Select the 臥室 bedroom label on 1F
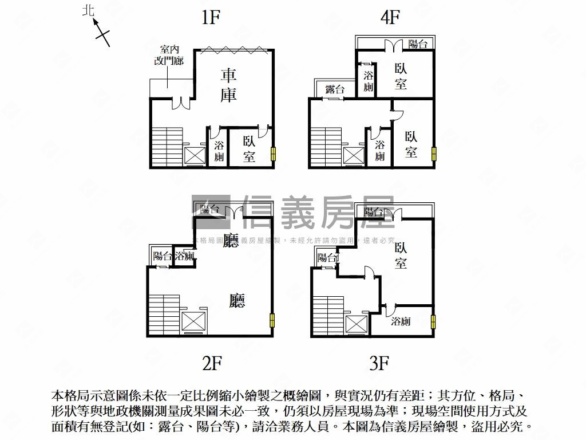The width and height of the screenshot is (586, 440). point(249,148)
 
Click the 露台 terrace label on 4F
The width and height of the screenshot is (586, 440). point(335,89)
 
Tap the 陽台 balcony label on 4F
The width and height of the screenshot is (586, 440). point(418,45)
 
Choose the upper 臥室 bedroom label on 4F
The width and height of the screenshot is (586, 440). point(401,76)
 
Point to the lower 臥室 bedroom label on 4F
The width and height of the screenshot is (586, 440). point(411,144)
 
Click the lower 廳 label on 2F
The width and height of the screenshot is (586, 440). point(237,301)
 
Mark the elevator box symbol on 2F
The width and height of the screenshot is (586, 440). point(192,322)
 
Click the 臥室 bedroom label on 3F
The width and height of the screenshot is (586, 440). point(400,256)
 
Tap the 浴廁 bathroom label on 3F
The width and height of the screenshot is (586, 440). point(401,321)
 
